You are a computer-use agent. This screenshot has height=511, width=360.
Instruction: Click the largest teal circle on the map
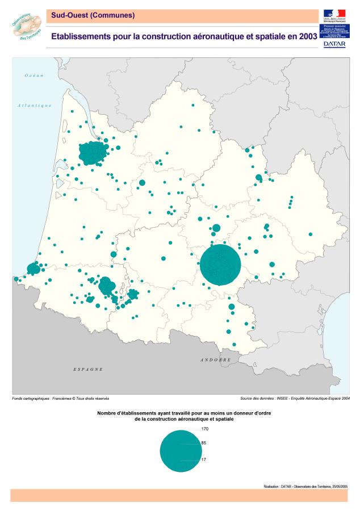point(220,265)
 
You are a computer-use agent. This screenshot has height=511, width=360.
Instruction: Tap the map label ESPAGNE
point(88,370)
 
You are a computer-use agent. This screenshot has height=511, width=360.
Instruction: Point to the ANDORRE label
point(215,360)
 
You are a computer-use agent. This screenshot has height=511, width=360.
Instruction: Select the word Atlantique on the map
point(34,105)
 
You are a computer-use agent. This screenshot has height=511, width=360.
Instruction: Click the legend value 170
point(205,429)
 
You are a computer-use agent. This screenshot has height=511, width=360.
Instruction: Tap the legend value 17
point(203,460)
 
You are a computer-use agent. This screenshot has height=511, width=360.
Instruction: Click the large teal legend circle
point(180,451)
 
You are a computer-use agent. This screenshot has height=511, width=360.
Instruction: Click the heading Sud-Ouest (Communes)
point(93,15)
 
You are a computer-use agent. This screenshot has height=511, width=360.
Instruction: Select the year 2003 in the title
point(305,36)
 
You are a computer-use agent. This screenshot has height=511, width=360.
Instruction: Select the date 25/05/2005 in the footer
point(336,486)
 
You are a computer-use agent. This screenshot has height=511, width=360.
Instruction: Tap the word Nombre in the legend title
point(107,413)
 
